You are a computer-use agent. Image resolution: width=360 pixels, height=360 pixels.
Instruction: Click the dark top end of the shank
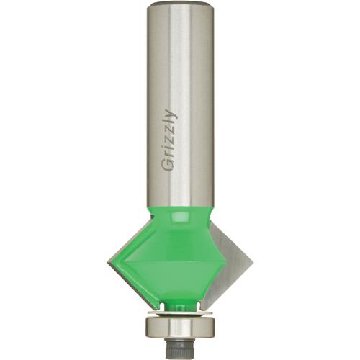(x=179, y=5)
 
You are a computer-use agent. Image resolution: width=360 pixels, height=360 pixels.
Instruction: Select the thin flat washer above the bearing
(x=179, y=314)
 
